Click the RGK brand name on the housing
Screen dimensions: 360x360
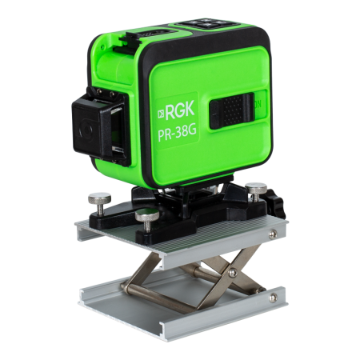point(180,110)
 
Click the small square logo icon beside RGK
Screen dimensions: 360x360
point(161,114)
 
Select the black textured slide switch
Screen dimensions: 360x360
point(232,110)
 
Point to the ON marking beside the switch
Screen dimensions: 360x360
point(258,105)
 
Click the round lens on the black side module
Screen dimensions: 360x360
point(86,130)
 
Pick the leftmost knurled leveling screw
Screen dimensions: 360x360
point(100,202)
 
